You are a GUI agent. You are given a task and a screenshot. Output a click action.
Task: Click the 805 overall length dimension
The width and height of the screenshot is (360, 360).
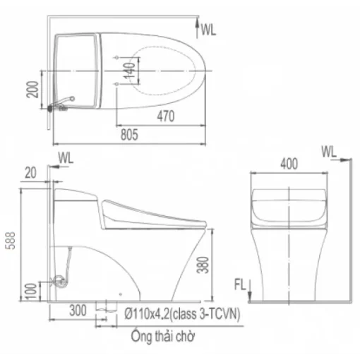129,135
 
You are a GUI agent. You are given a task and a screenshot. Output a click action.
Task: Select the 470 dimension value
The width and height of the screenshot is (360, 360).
166,116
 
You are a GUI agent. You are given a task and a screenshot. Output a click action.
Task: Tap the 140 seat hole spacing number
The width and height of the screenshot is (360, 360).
129,71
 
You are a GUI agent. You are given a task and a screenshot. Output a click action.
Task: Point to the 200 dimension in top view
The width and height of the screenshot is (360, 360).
32,90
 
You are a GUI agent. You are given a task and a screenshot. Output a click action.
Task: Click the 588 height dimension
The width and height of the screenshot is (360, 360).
10,241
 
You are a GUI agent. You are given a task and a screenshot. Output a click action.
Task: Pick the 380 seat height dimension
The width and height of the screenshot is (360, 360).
203,265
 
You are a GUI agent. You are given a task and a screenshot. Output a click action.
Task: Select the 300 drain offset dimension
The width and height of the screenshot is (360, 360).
78,311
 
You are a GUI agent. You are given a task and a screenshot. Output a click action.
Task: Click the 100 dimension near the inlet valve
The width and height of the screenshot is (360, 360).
31,292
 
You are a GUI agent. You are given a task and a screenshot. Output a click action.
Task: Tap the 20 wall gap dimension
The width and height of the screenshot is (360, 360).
30,173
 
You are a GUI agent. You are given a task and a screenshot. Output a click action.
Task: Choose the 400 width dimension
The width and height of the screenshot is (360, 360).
289,164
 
